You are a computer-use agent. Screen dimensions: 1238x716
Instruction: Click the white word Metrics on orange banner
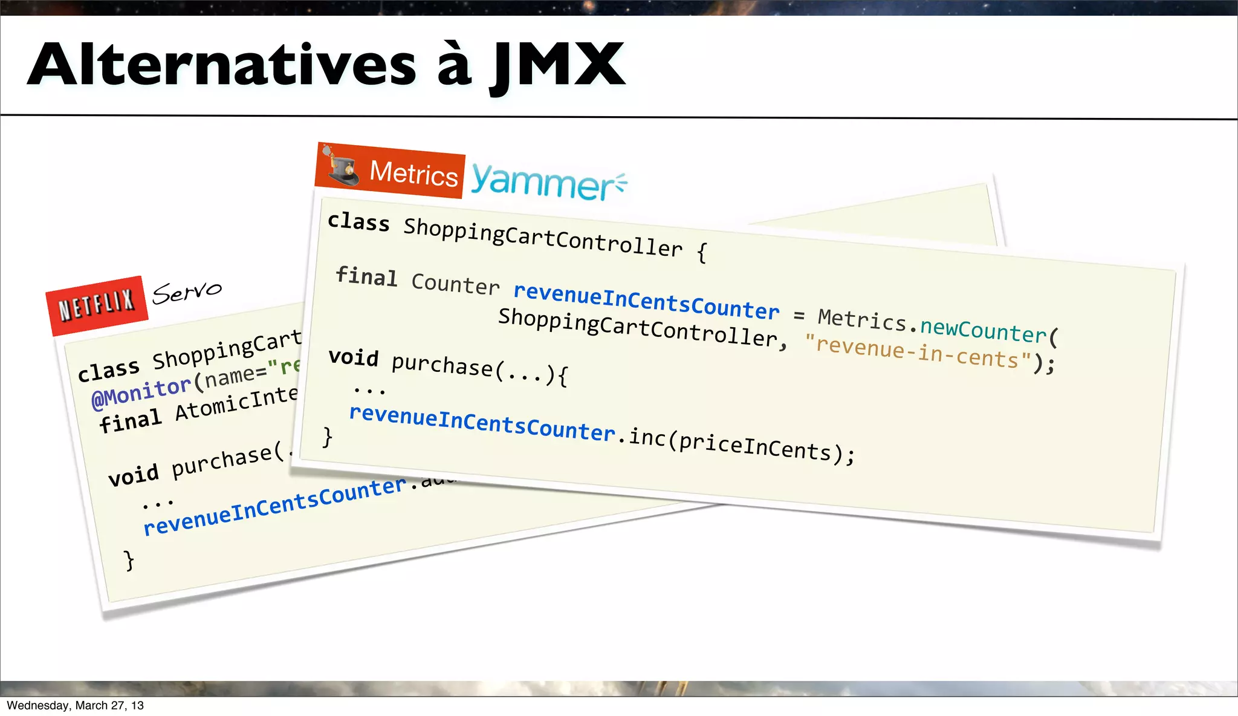pyautogui.click(x=413, y=174)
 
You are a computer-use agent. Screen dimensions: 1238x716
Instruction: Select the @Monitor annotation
pyautogui.click(x=141, y=391)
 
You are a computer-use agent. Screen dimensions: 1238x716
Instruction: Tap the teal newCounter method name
pyautogui.click(x=983, y=330)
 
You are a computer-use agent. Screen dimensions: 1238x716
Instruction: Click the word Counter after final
pyautogui.click(x=455, y=284)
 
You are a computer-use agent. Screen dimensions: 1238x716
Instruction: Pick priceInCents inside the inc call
pyautogui.click(x=755, y=446)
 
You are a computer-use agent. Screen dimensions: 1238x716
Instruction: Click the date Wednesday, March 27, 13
pyautogui.click(x=75, y=706)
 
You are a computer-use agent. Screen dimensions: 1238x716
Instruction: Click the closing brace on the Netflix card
pyautogui.click(x=129, y=560)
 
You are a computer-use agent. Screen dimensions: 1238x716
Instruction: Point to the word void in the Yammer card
pyautogui.click(x=354, y=357)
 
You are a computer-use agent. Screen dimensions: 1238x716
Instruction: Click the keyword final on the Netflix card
pyautogui.click(x=131, y=420)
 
